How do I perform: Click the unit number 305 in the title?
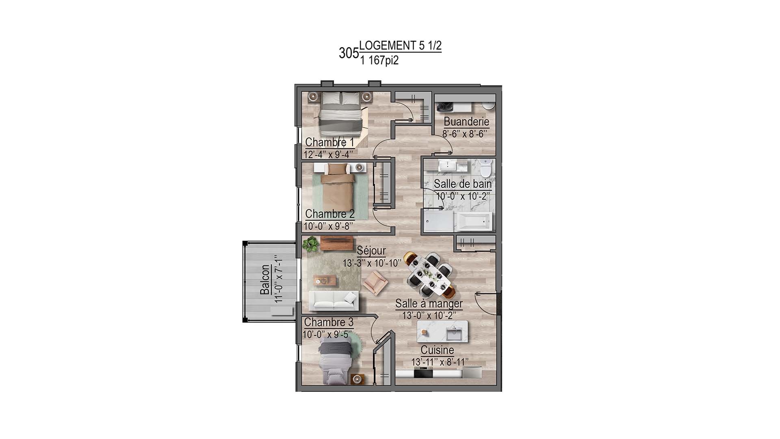point(349,53)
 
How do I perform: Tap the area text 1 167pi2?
point(379,61)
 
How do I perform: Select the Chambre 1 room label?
point(329,142)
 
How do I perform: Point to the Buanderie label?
point(466,122)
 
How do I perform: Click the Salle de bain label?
point(462,184)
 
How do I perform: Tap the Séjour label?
point(371,250)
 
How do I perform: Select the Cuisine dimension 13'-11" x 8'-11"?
point(440,362)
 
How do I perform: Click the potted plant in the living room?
point(311,244)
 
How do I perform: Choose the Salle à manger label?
point(429,304)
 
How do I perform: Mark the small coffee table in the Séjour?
point(325,280)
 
